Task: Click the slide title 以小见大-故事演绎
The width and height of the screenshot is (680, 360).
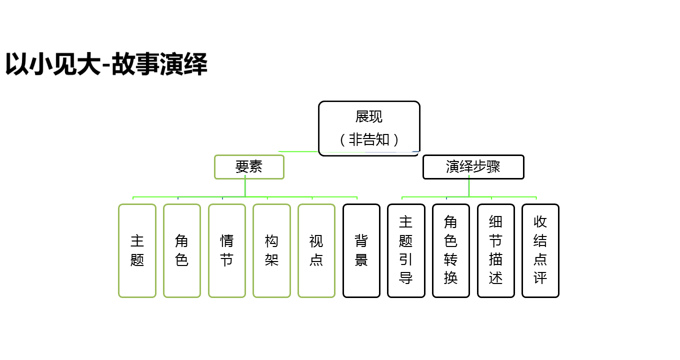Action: pos(106,64)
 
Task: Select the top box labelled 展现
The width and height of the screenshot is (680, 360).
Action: pos(369,117)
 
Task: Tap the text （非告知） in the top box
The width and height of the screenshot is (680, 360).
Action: pos(369,139)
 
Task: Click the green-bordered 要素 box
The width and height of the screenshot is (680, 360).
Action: pos(249,167)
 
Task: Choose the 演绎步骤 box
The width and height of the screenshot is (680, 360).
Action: pos(473,167)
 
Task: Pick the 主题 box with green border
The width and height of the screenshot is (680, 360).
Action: pos(137,250)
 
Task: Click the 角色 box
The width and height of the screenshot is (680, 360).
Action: pos(182,250)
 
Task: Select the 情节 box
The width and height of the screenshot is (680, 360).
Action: pos(227,250)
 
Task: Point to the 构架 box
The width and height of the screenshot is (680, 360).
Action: pos(271,250)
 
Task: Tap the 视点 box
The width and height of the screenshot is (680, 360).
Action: pos(316,250)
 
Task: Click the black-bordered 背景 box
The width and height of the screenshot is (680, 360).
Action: pos(361,250)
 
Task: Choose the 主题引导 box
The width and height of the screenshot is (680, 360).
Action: pos(406,250)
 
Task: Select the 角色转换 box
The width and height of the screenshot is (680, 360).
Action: pos(451,250)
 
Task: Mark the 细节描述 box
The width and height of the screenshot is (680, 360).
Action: pos(496,250)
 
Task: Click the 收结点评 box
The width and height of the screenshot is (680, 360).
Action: pos(540,250)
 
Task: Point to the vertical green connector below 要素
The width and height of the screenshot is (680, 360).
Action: pos(245,188)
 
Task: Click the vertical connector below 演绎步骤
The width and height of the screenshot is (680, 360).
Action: pos(469,188)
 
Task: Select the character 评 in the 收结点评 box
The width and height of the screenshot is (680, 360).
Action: pos(540,278)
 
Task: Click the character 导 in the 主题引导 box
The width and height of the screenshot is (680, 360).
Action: pos(406,278)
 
